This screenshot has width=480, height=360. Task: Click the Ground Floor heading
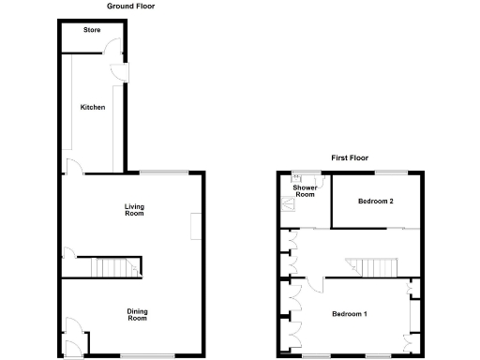(x=131, y=7)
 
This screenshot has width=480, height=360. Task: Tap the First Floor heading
(x=349, y=157)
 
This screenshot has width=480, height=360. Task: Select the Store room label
(x=92, y=30)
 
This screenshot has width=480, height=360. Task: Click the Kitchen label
(x=92, y=108)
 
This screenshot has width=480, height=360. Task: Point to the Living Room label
(x=134, y=210)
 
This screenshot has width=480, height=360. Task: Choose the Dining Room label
(x=138, y=314)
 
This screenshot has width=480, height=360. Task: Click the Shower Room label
(x=305, y=191)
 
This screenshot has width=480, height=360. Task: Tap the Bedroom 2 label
(x=376, y=202)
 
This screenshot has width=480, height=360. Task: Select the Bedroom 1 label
(x=350, y=314)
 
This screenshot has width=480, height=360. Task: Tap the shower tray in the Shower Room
(x=288, y=201)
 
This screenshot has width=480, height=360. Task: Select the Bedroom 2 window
(x=392, y=171)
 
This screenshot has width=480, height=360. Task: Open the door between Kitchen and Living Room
(x=72, y=169)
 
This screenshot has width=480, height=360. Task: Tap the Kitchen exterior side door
(x=125, y=72)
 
